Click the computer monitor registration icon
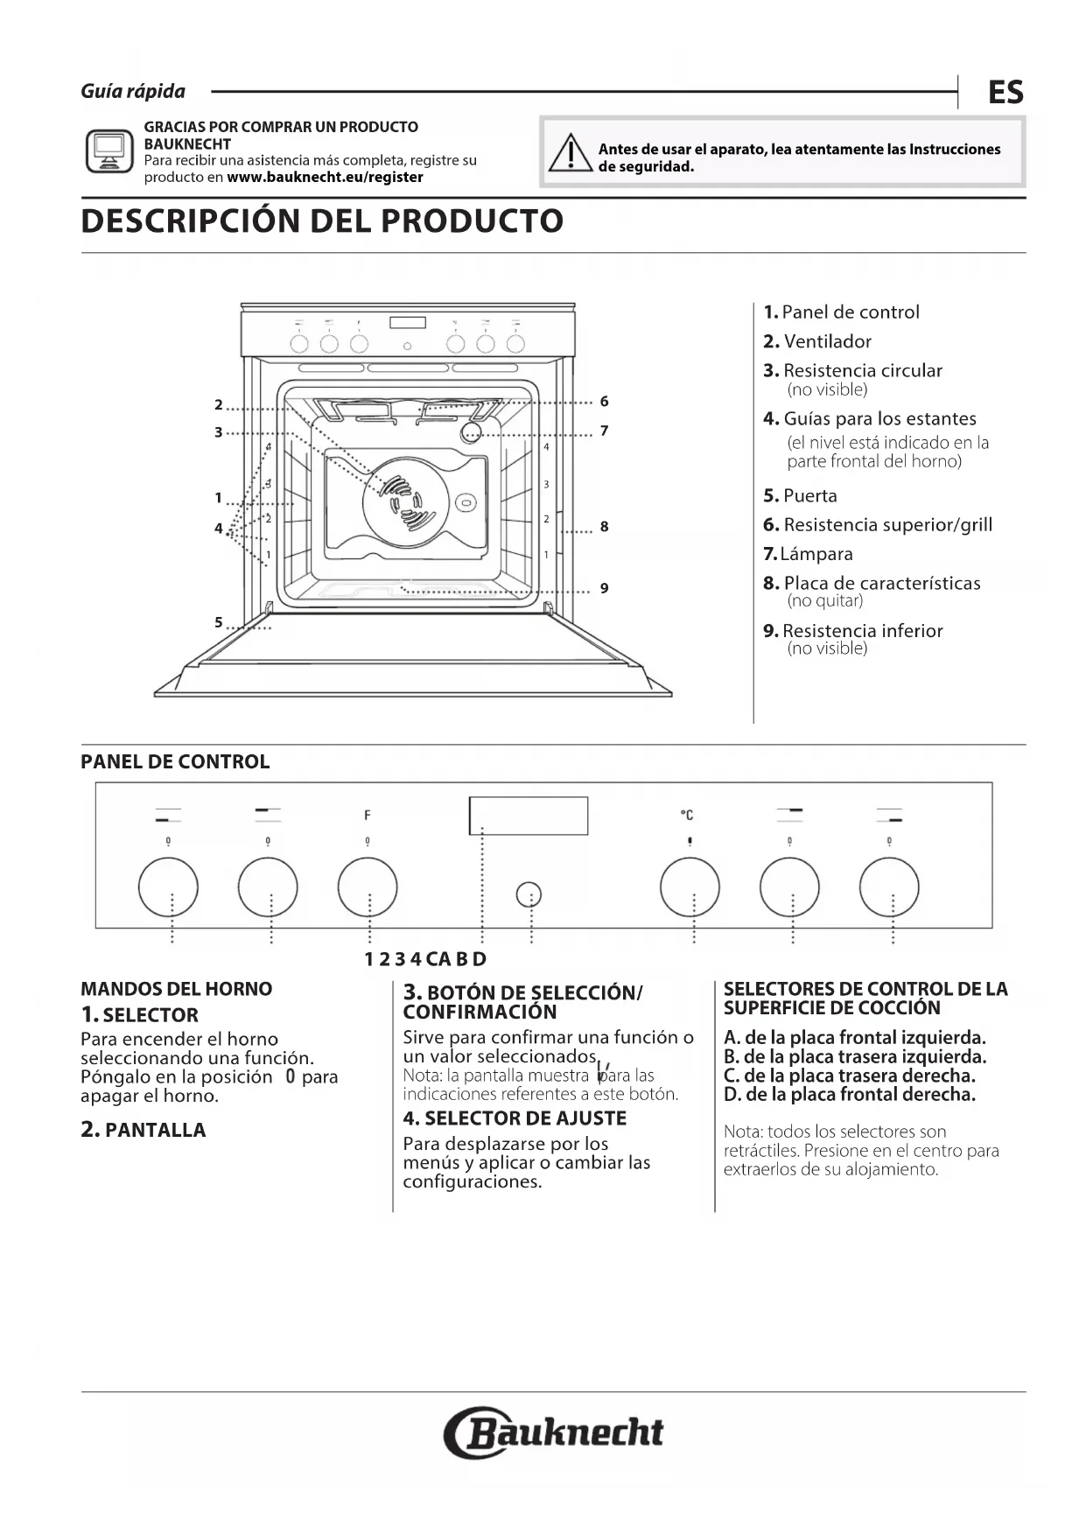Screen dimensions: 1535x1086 point(109,152)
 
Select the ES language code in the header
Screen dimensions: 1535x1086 point(1005,92)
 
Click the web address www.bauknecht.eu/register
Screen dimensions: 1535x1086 point(325,178)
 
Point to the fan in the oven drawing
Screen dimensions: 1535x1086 point(406,503)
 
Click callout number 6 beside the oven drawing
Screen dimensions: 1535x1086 point(604,402)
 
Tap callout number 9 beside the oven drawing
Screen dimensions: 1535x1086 point(604,588)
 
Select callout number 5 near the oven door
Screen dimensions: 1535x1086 point(219,622)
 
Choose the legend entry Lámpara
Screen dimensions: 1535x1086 point(808,554)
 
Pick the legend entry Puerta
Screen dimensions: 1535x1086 point(800,496)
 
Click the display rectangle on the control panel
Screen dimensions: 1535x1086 point(529,816)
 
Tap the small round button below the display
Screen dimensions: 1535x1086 point(529,894)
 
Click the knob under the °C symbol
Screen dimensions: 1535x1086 point(690,887)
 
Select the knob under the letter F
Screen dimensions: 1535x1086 point(368,887)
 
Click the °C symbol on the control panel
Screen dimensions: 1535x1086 point(687,816)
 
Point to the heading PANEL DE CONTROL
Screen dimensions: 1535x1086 point(175,762)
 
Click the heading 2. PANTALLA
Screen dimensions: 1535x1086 point(143,1130)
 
